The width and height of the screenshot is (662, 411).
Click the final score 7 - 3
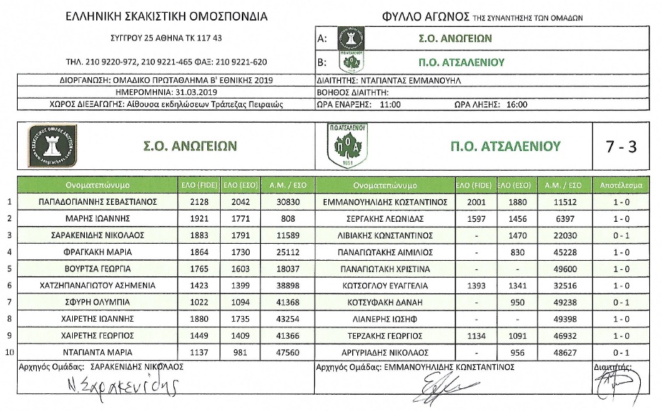coord(621,147)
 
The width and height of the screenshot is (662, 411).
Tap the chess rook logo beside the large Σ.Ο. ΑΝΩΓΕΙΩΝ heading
coord(53,146)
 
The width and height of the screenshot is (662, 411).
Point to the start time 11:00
coord(389,104)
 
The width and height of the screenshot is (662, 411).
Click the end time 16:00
coord(517,104)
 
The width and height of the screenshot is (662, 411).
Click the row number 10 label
coord(9,352)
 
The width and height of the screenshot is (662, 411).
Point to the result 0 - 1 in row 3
coord(621,235)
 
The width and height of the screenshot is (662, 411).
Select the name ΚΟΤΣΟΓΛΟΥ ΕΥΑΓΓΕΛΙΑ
coord(385,285)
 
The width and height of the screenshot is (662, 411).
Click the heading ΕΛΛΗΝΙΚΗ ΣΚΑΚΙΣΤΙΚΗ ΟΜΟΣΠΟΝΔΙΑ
coord(166,16)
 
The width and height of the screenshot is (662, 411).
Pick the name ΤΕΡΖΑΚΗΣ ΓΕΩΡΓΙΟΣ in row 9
coord(385,335)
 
